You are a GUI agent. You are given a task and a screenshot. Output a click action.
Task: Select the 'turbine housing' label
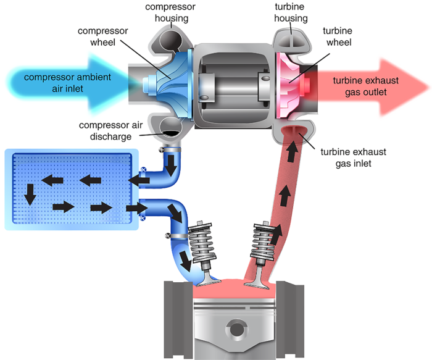(x=291, y=12)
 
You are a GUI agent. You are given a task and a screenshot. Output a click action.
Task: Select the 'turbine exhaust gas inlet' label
(x=355, y=157)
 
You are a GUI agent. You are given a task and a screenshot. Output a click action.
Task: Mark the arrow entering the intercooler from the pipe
(x=137, y=180)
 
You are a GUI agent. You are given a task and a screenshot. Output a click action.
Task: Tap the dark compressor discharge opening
(x=171, y=127)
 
